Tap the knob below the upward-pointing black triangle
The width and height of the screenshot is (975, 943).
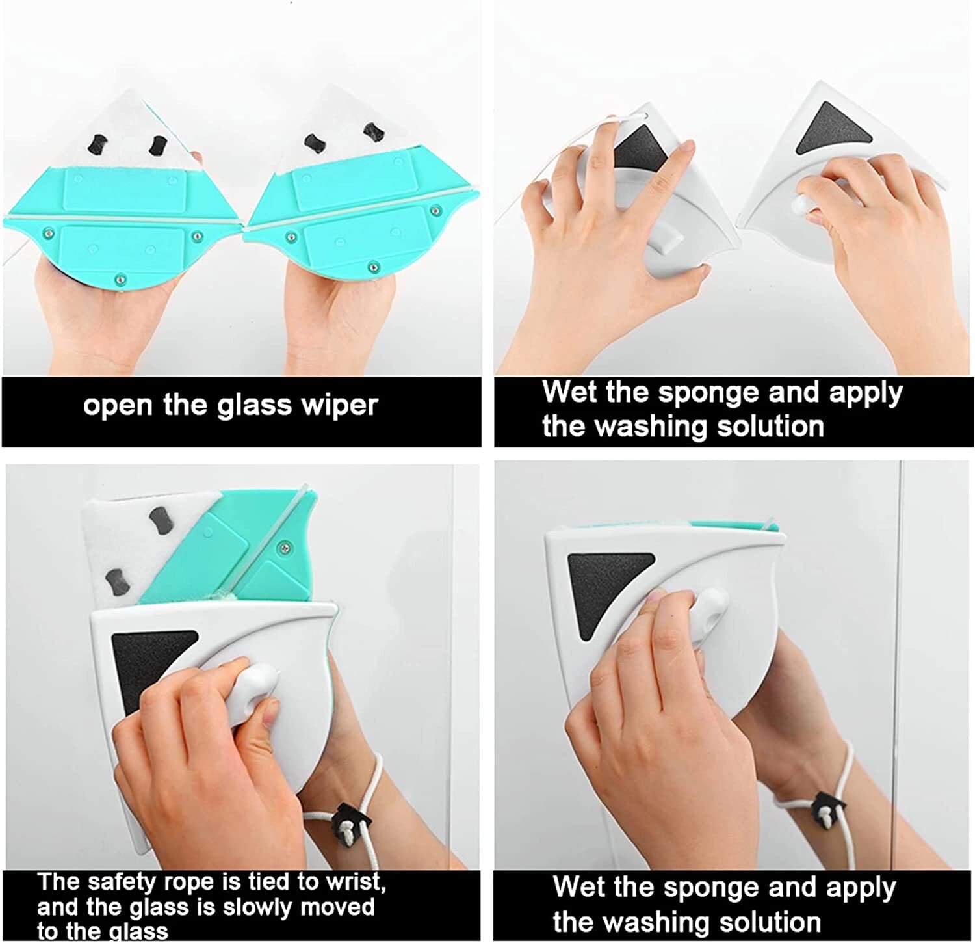tap(804, 207)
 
